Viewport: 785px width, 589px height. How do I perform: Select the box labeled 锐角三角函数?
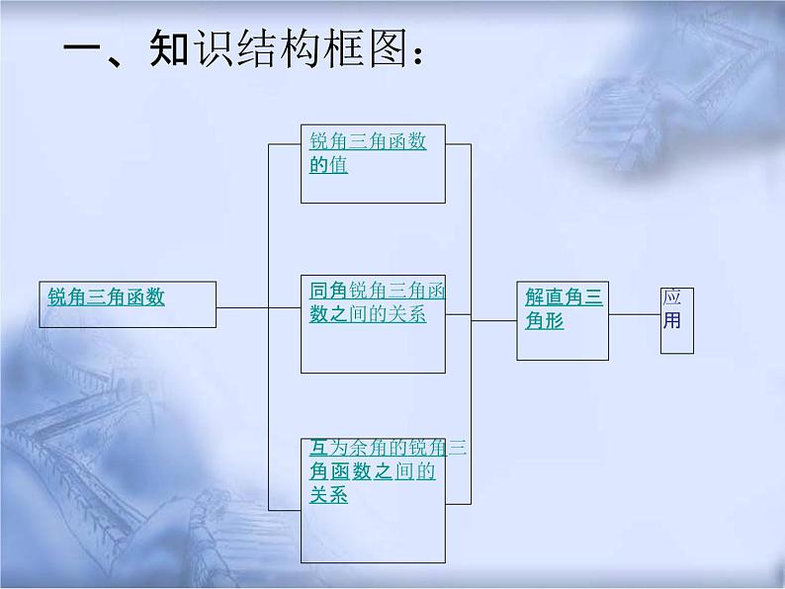pyautogui.click(x=128, y=303)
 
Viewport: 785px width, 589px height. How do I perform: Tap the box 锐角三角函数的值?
pyautogui.click(x=373, y=162)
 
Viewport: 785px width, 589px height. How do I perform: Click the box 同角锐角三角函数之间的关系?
pyautogui.click(x=373, y=323)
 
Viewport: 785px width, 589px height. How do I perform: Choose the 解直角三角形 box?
pyautogui.click(x=564, y=319)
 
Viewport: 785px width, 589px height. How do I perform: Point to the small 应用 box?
pyautogui.click(x=677, y=320)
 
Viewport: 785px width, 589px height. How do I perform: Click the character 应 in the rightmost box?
pyautogui.click(x=672, y=299)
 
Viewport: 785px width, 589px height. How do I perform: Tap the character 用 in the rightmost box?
pyautogui.click(x=672, y=321)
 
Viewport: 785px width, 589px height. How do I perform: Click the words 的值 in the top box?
pyautogui.click(x=328, y=165)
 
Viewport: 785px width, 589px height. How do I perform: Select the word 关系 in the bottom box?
pyautogui.click(x=328, y=496)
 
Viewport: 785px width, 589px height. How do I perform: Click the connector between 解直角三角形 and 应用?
pyautogui.click(x=635, y=314)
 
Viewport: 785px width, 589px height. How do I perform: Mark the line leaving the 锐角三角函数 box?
pyautogui.click(x=242, y=307)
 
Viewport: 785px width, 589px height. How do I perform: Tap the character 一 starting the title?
pyautogui.click(x=83, y=50)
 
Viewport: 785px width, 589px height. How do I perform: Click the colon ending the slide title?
pyautogui.click(x=420, y=54)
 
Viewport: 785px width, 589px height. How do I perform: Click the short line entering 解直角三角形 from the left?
pyautogui.click(x=493, y=320)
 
